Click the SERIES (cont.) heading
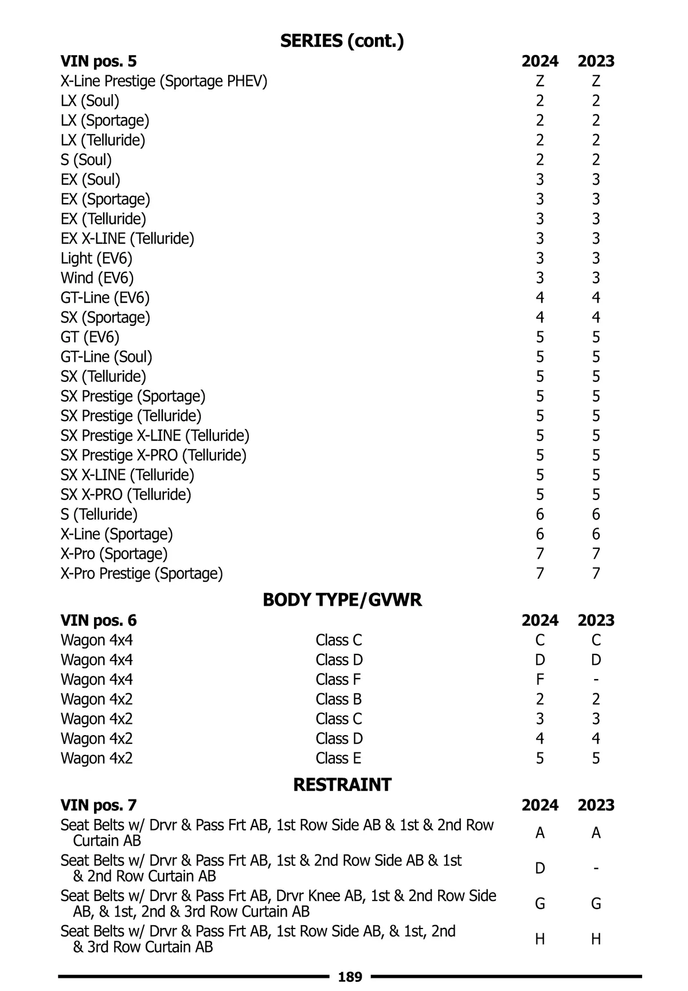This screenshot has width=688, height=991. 342,41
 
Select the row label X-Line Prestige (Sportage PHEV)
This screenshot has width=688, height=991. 164,81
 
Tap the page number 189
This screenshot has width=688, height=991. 350,977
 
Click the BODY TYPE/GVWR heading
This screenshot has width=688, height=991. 342,600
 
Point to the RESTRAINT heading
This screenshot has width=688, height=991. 342,785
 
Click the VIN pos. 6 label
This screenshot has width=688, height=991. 99,621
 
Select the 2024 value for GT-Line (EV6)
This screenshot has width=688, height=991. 540,298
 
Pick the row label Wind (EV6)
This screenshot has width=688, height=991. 97,278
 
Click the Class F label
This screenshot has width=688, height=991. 338,680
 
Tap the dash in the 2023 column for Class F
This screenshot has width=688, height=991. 596,680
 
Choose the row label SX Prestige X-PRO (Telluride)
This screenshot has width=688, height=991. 154,455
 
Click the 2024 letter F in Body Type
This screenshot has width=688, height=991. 540,680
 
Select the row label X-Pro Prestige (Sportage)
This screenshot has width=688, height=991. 142,573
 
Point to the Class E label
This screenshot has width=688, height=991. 338,758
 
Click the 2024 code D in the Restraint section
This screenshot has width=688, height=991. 540,868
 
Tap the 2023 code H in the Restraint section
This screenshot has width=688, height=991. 596,939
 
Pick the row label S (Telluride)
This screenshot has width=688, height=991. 99,514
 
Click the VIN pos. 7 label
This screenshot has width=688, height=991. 99,805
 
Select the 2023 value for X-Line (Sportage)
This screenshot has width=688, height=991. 596,534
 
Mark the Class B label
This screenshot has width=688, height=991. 338,699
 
